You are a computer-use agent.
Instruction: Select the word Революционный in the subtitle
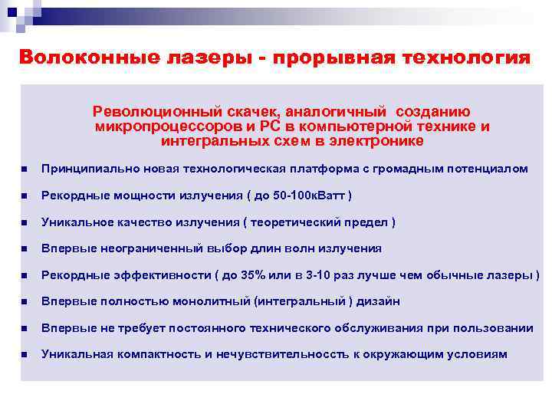click(146, 112)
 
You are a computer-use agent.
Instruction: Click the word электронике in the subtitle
click(376, 141)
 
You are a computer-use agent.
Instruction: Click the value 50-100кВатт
click(310, 195)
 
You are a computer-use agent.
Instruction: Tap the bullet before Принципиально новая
click(25, 169)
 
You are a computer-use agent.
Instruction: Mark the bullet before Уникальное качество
click(25, 222)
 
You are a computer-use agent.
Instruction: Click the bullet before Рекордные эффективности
click(25, 275)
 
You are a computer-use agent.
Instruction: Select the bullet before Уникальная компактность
click(25, 355)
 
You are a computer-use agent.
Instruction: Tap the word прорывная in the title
click(329, 58)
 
